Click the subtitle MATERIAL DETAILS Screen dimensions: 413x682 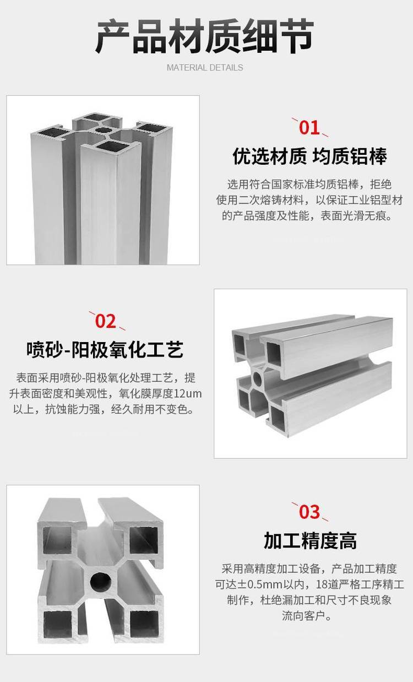205,68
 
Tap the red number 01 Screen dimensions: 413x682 309,128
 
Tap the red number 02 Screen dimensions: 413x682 106,321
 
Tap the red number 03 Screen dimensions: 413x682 309,512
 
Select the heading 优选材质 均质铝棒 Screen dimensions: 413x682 310,156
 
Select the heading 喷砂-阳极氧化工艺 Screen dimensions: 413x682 105,349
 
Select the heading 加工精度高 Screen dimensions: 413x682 310,541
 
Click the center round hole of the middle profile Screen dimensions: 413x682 258,379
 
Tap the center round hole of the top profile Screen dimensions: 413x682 104,131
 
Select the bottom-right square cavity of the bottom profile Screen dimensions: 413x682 144,624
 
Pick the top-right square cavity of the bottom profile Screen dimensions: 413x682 144,540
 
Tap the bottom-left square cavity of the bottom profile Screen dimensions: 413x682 57,624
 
